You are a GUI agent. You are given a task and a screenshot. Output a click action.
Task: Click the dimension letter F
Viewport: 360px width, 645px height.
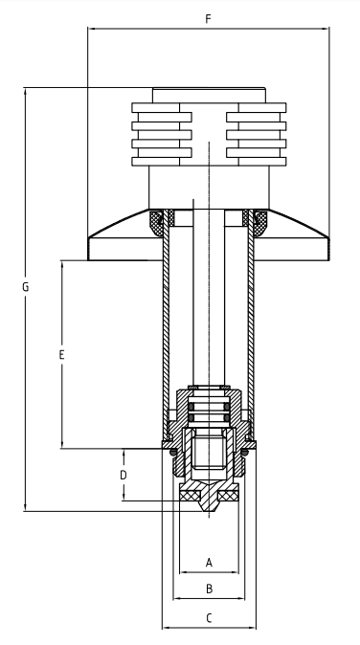[208, 19]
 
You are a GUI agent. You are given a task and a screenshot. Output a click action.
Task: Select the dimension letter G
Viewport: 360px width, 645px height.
[26, 287]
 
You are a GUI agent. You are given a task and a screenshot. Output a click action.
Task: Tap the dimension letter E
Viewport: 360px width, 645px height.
[61, 355]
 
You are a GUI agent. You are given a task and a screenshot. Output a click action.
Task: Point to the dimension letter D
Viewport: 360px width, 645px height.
[124, 475]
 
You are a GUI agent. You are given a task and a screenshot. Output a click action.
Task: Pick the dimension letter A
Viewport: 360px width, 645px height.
[209, 563]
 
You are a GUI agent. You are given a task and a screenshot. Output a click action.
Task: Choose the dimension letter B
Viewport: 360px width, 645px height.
[209, 589]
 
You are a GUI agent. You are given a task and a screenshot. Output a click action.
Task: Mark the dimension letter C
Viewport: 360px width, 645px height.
[209, 618]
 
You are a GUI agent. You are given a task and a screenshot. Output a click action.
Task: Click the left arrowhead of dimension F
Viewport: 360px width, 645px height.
[91, 29]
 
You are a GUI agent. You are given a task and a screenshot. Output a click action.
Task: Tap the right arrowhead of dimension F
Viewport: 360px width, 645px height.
[326, 29]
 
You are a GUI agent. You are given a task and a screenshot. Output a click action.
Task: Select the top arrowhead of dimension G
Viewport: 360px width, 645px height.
[26, 91]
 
